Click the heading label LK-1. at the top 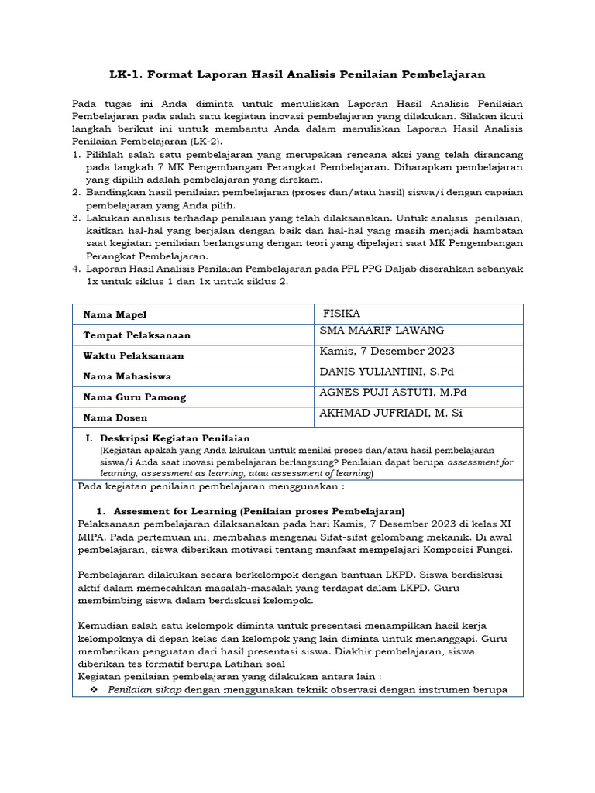(x=128, y=74)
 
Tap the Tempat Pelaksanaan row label (x=137, y=335)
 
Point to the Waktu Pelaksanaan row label (x=134, y=356)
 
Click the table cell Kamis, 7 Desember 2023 (x=387, y=351)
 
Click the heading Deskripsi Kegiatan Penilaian (x=180, y=439)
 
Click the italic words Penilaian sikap (x=144, y=690)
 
